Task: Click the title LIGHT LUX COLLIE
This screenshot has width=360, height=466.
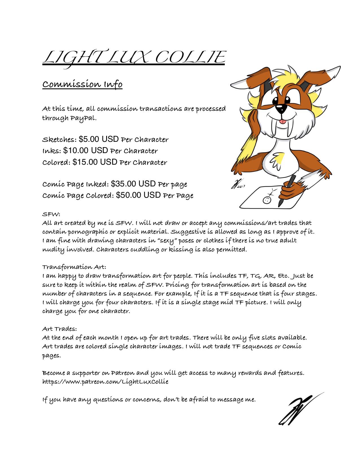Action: click(134, 58)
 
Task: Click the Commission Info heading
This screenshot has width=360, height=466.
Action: click(82, 84)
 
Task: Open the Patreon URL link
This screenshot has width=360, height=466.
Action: click(105, 382)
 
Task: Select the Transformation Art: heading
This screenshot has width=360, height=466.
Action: click(74, 267)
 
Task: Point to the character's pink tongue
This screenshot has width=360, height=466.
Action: click(281, 122)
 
